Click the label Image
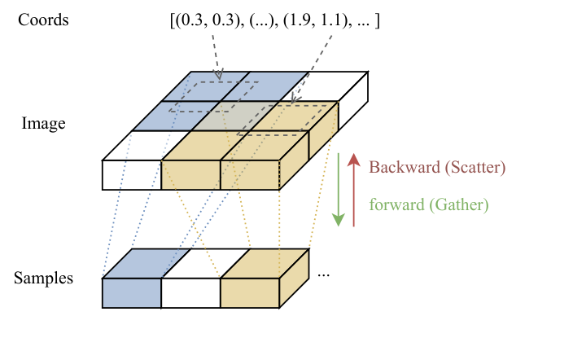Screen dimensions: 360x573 point(43,125)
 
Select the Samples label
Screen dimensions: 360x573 point(43,279)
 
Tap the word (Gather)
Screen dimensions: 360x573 point(459,204)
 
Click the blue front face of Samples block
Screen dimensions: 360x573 point(131,293)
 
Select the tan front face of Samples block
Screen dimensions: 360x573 point(250,293)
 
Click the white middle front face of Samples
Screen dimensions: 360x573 point(190,293)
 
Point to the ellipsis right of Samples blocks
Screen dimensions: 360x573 point(323,275)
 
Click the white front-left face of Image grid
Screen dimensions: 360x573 point(131,174)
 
